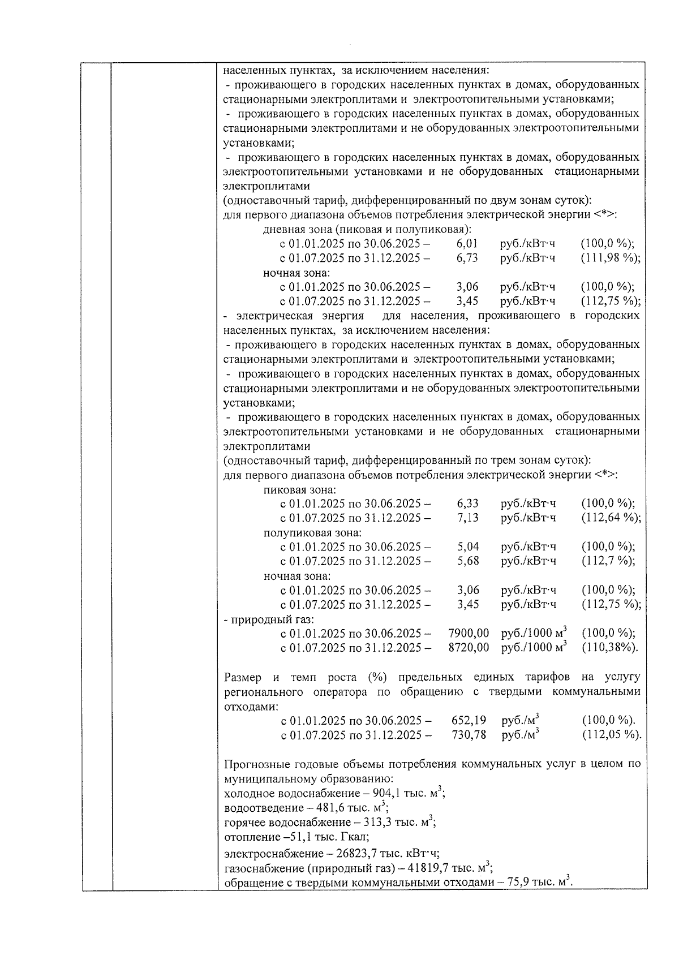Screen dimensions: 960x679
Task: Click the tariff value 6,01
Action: (x=467, y=244)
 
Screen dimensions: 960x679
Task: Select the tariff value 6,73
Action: (x=467, y=258)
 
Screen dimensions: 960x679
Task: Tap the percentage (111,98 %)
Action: (x=611, y=258)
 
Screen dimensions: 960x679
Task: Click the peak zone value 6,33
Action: (x=468, y=503)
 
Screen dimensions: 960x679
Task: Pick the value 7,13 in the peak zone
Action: (x=468, y=518)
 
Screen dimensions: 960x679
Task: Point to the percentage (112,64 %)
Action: (x=611, y=518)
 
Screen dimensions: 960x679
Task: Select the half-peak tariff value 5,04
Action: (x=468, y=546)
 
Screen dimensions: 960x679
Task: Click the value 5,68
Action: (x=468, y=561)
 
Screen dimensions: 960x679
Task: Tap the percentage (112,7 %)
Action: (x=608, y=561)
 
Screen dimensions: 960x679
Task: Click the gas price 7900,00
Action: (x=469, y=633)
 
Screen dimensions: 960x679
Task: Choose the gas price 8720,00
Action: (x=469, y=648)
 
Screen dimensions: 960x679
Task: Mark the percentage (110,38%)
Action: (x=609, y=648)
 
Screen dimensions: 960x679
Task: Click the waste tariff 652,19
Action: (x=469, y=721)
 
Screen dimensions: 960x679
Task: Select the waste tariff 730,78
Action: (x=469, y=735)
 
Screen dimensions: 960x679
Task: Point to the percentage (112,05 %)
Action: (x=611, y=735)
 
